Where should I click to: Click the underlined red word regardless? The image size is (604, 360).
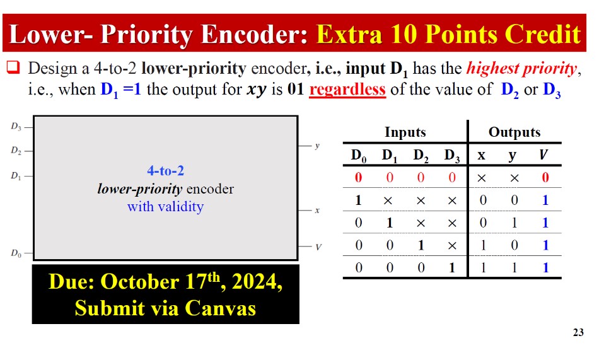click(x=347, y=89)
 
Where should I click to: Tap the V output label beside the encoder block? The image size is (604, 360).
click(x=318, y=247)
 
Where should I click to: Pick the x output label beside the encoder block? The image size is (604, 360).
click(x=317, y=210)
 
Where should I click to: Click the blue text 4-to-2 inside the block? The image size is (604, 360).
click(x=165, y=170)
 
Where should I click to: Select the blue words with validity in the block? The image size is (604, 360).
click(x=165, y=206)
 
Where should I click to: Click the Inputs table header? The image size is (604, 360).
click(x=405, y=132)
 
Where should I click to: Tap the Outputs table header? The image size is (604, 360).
click(x=514, y=132)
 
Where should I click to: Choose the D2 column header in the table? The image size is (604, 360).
click(x=421, y=155)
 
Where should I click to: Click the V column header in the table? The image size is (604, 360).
click(x=545, y=155)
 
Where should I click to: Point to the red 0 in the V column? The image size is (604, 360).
click(x=545, y=178)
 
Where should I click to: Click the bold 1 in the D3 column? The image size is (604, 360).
click(x=451, y=267)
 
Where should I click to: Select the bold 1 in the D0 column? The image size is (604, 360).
click(x=358, y=200)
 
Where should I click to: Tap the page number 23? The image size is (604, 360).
click(x=578, y=333)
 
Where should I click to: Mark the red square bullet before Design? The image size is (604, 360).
click(x=15, y=67)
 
